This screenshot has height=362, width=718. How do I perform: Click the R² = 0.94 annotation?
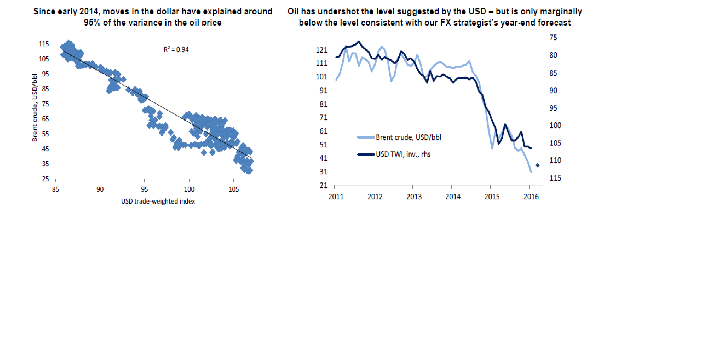(x=176, y=50)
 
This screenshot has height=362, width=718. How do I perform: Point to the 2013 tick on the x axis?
(x=414, y=197)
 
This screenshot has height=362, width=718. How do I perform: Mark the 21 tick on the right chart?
(x=323, y=185)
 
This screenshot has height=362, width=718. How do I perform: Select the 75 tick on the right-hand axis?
(x=553, y=38)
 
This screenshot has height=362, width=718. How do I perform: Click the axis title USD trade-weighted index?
(x=158, y=201)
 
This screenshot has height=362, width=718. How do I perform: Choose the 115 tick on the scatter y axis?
(x=44, y=44)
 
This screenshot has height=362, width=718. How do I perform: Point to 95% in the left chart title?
(x=92, y=23)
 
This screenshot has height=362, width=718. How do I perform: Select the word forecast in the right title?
(x=554, y=23)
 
